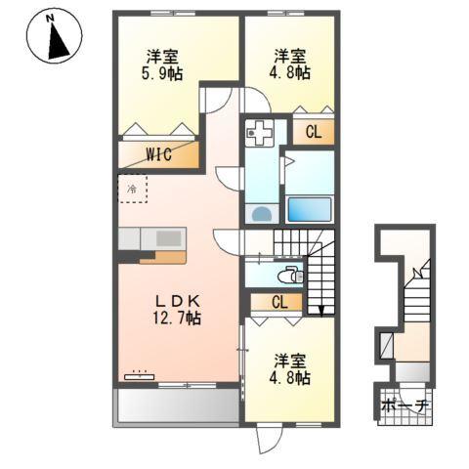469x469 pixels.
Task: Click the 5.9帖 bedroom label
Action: click(163, 64)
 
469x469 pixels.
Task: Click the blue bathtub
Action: click(310, 208)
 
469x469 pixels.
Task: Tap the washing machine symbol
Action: click(261, 131)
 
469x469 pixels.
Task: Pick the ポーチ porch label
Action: click(403, 405)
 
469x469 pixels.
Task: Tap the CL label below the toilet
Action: click(277, 302)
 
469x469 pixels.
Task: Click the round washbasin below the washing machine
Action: click(261, 213)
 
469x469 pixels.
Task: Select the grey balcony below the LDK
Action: click(177, 405)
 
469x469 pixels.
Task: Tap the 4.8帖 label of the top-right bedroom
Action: click(291, 64)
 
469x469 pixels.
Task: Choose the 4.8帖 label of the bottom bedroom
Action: click(291, 367)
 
